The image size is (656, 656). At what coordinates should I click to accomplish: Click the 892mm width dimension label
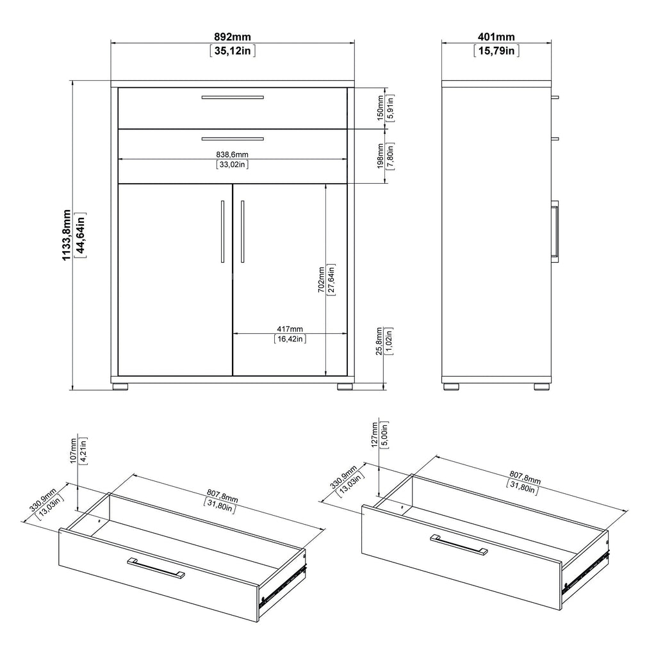[233, 37]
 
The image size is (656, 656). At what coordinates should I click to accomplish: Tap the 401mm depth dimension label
[496, 37]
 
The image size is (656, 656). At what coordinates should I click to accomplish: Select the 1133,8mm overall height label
[67, 234]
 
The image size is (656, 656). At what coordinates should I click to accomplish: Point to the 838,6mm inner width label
[232, 154]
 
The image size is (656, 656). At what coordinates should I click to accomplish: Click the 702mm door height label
[322, 279]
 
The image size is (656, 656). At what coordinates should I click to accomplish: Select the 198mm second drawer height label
[380, 155]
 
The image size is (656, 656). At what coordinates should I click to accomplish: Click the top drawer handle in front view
[233, 97]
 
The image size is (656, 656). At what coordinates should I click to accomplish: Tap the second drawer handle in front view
[233, 138]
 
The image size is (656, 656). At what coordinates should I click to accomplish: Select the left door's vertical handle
[222, 231]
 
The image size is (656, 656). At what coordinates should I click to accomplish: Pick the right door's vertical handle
[243, 231]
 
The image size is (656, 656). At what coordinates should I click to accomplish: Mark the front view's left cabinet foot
[120, 387]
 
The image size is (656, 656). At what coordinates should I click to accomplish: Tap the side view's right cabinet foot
[541, 387]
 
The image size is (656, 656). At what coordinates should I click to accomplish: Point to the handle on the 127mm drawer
[459, 544]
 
